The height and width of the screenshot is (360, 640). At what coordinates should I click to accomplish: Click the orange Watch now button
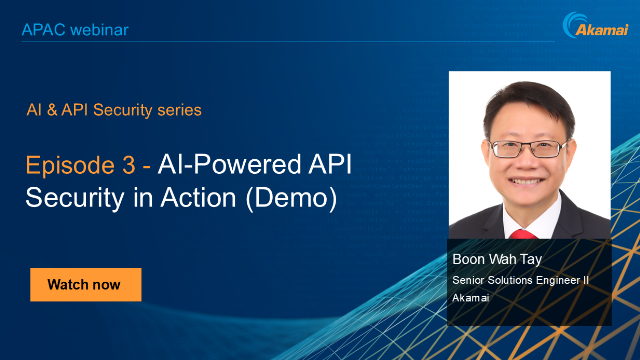[85, 285]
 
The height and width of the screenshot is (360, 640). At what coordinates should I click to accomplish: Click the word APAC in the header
[42, 30]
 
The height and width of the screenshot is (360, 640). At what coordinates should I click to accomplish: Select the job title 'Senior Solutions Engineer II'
[520, 280]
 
